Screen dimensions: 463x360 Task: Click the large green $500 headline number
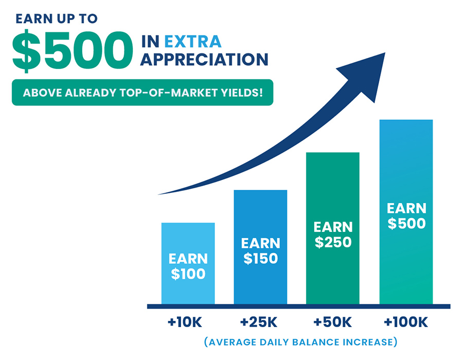(x=73, y=51)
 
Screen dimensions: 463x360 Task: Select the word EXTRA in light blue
(x=193, y=41)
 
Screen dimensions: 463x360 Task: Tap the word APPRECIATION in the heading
(x=204, y=60)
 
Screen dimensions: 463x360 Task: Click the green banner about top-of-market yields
(x=143, y=93)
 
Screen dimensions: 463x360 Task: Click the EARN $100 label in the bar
(x=188, y=266)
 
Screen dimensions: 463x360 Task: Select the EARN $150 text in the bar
(x=260, y=251)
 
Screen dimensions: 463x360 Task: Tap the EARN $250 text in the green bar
(x=333, y=235)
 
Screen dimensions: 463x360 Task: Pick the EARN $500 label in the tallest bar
(x=406, y=215)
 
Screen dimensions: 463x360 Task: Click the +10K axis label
(x=185, y=322)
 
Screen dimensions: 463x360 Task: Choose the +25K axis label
(x=259, y=322)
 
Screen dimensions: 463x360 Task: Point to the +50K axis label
(x=332, y=322)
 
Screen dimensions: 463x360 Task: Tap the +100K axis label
(x=406, y=322)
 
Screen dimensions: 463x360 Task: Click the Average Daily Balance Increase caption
(x=300, y=342)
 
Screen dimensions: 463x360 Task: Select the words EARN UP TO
(x=57, y=19)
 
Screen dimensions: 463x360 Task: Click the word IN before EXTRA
(x=150, y=41)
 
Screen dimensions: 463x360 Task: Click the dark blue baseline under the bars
(x=298, y=307)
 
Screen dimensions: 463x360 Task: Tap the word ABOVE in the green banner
(x=42, y=93)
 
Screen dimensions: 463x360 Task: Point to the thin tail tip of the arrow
(x=158, y=194)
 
